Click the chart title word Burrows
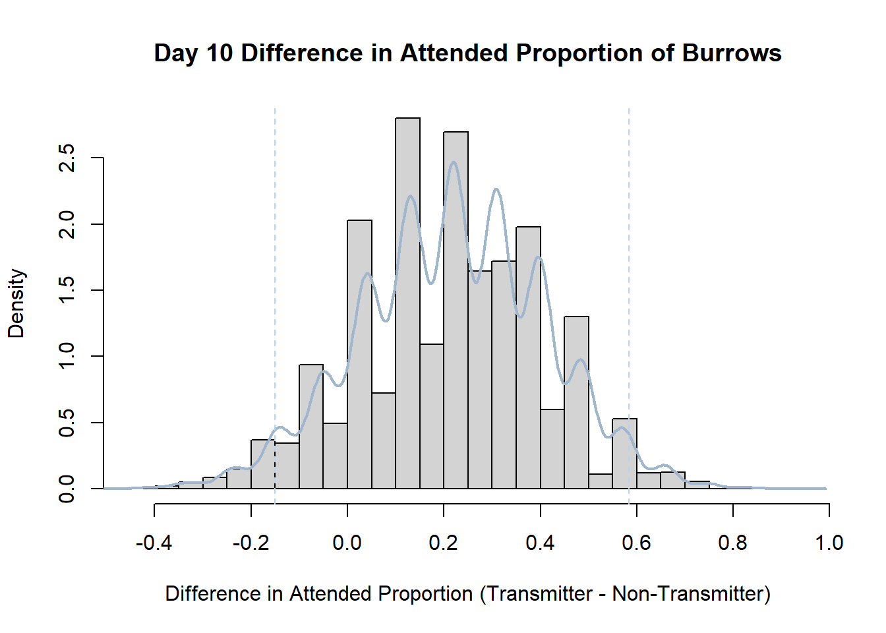pos(732,53)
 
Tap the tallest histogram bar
pos(408,303)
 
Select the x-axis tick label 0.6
pos(636,543)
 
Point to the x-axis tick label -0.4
pos(154,543)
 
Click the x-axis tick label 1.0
pos(829,543)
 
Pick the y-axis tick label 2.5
pos(66,158)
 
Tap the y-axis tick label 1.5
pos(66,290)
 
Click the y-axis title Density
pos(16,303)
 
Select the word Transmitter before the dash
pos(539,594)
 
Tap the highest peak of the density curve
pos(454,162)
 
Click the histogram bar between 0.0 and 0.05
pos(359,354)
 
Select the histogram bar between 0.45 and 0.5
pos(576,402)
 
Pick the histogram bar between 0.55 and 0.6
pos(624,454)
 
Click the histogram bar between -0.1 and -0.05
pos(311,427)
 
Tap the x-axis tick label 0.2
pos(444,543)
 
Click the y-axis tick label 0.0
pos(66,489)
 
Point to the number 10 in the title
pos(220,53)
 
